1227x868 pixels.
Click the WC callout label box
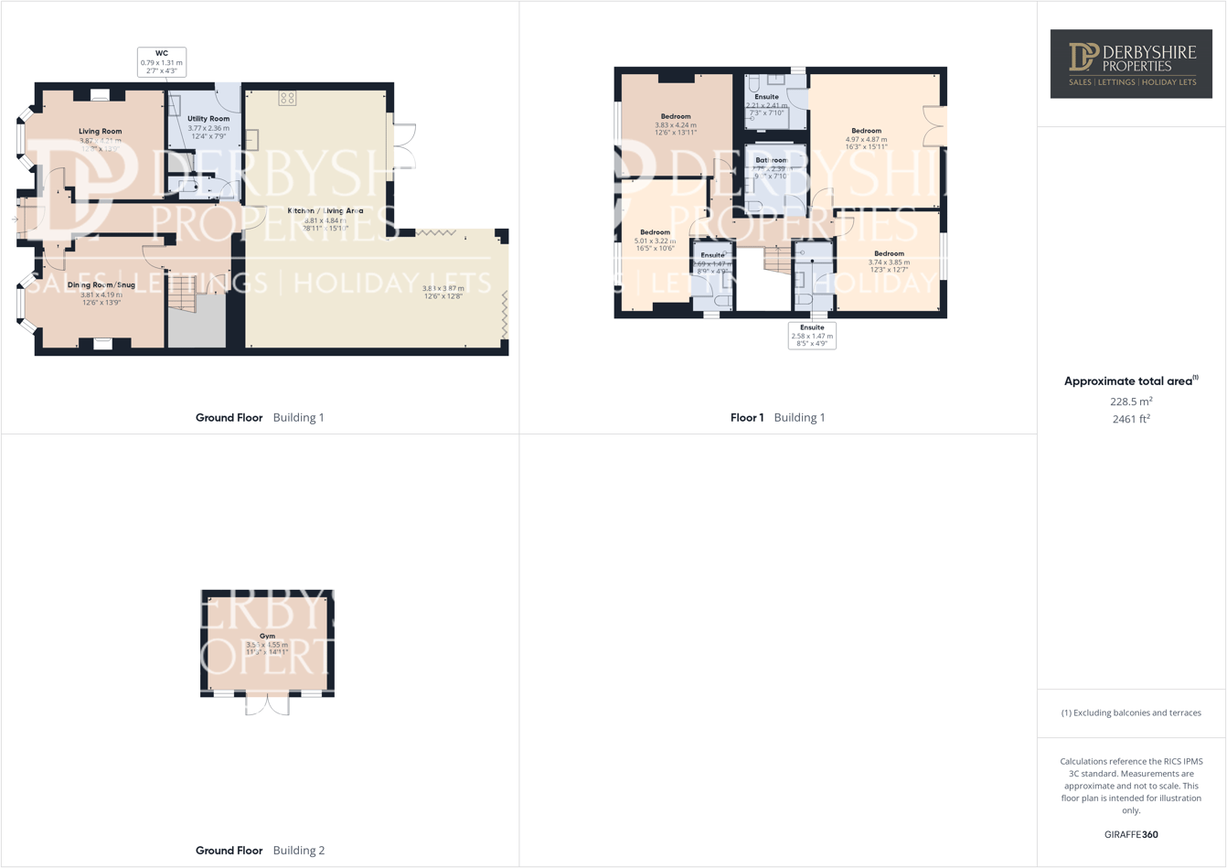coord(162,62)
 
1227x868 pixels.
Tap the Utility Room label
coord(208,119)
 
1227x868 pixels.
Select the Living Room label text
coord(100,132)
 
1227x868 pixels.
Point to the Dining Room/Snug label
coord(101,285)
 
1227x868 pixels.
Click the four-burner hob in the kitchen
coord(287,98)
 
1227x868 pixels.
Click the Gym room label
coord(267,636)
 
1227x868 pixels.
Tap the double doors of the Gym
coord(268,704)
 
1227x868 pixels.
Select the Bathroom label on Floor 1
coord(772,160)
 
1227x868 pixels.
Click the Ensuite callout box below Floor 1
coord(812,336)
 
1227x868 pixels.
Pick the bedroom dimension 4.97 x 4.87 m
coord(866,140)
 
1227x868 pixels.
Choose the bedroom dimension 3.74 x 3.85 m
coord(889,263)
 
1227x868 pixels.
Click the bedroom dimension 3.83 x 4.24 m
coord(676,125)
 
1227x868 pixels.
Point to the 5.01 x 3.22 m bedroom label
coord(655,241)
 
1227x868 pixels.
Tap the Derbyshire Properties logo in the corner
coord(1131,63)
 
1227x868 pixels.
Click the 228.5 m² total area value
coord(1131,402)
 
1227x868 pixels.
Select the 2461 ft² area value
coord(1131,419)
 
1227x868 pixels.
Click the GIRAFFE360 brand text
coord(1131,834)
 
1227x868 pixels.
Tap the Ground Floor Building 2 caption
coord(260,851)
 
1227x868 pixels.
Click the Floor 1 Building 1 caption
coord(777,418)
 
